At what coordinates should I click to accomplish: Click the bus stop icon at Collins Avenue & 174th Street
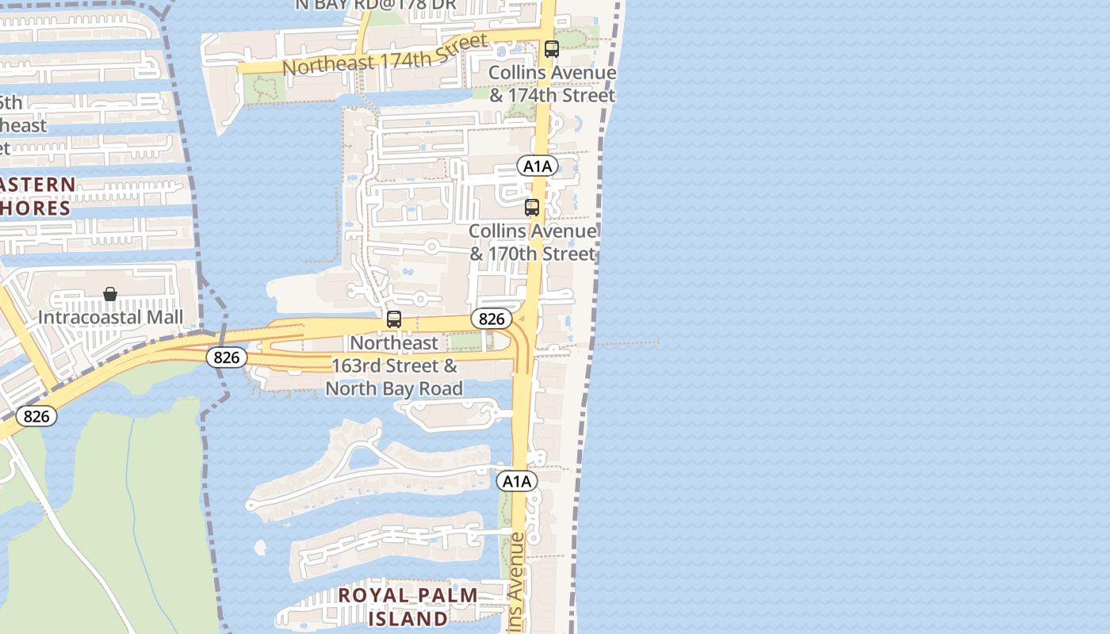coord(552,49)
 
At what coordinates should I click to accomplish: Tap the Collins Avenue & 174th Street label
coord(552,84)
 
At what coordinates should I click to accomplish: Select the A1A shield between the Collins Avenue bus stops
coord(538,166)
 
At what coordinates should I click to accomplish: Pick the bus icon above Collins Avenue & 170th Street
coord(532,208)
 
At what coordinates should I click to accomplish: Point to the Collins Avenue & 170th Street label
coord(532,243)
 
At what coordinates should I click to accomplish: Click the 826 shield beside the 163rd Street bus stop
coord(492,319)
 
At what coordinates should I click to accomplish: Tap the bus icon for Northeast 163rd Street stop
coord(394,319)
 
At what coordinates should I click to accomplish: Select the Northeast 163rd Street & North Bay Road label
coord(394,365)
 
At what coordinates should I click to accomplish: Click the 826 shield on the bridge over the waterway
coord(227,357)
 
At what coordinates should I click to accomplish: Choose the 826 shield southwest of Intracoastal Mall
coord(36,416)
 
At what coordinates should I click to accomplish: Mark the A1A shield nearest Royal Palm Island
coord(517,481)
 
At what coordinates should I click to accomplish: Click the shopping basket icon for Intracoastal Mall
coord(110,295)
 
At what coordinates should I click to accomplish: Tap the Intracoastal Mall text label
coord(110,317)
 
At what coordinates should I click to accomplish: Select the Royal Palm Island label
coord(408,606)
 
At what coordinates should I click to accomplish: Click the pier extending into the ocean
coord(626,343)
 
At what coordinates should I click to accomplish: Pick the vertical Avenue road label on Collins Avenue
coord(517,582)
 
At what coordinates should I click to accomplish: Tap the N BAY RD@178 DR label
coord(375,5)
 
